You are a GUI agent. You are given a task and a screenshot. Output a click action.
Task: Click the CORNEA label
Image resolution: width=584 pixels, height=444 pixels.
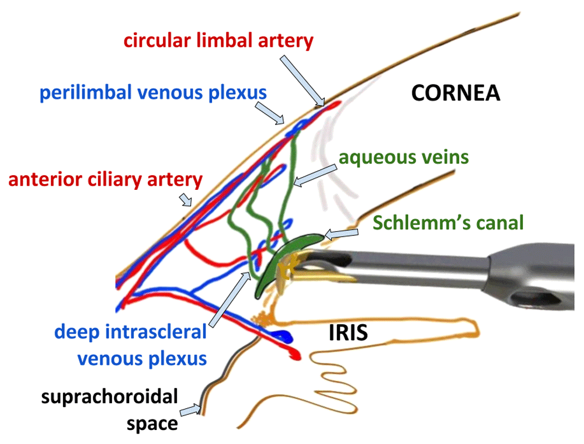click(456, 93)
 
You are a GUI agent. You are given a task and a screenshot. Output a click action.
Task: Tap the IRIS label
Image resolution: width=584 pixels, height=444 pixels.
click(348, 332)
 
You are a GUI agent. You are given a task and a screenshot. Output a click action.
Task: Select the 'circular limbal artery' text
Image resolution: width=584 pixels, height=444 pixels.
click(218, 40)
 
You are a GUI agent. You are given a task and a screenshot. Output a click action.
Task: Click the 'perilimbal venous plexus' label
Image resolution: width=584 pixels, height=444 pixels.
click(153, 93)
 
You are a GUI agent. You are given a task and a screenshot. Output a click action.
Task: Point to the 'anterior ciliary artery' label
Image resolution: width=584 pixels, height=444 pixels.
click(105, 179)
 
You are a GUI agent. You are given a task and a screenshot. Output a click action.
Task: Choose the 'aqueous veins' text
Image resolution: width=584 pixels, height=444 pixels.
click(404, 157)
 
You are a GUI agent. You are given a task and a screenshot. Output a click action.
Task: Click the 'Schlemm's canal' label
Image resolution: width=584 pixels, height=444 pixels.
click(448, 223)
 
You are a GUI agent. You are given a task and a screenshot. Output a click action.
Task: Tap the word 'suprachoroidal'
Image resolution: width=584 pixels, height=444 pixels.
click(110, 397)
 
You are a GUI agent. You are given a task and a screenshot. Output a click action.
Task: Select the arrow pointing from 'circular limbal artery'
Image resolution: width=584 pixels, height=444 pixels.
click(303, 81)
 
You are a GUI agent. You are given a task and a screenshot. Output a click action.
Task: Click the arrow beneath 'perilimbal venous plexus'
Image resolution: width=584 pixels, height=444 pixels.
click(270, 113)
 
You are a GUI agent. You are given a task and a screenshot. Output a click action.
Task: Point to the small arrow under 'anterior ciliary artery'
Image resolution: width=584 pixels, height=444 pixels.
click(186, 200)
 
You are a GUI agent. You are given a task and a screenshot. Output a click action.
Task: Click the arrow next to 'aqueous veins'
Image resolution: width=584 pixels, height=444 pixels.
click(315, 176)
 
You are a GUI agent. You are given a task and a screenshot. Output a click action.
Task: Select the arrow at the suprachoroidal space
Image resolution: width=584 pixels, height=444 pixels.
click(190, 411)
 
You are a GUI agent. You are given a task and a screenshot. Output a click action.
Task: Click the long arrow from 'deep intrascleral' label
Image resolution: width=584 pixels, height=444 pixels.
click(230, 299)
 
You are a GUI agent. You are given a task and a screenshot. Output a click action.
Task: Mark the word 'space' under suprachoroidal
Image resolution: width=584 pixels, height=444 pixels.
click(152, 424)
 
